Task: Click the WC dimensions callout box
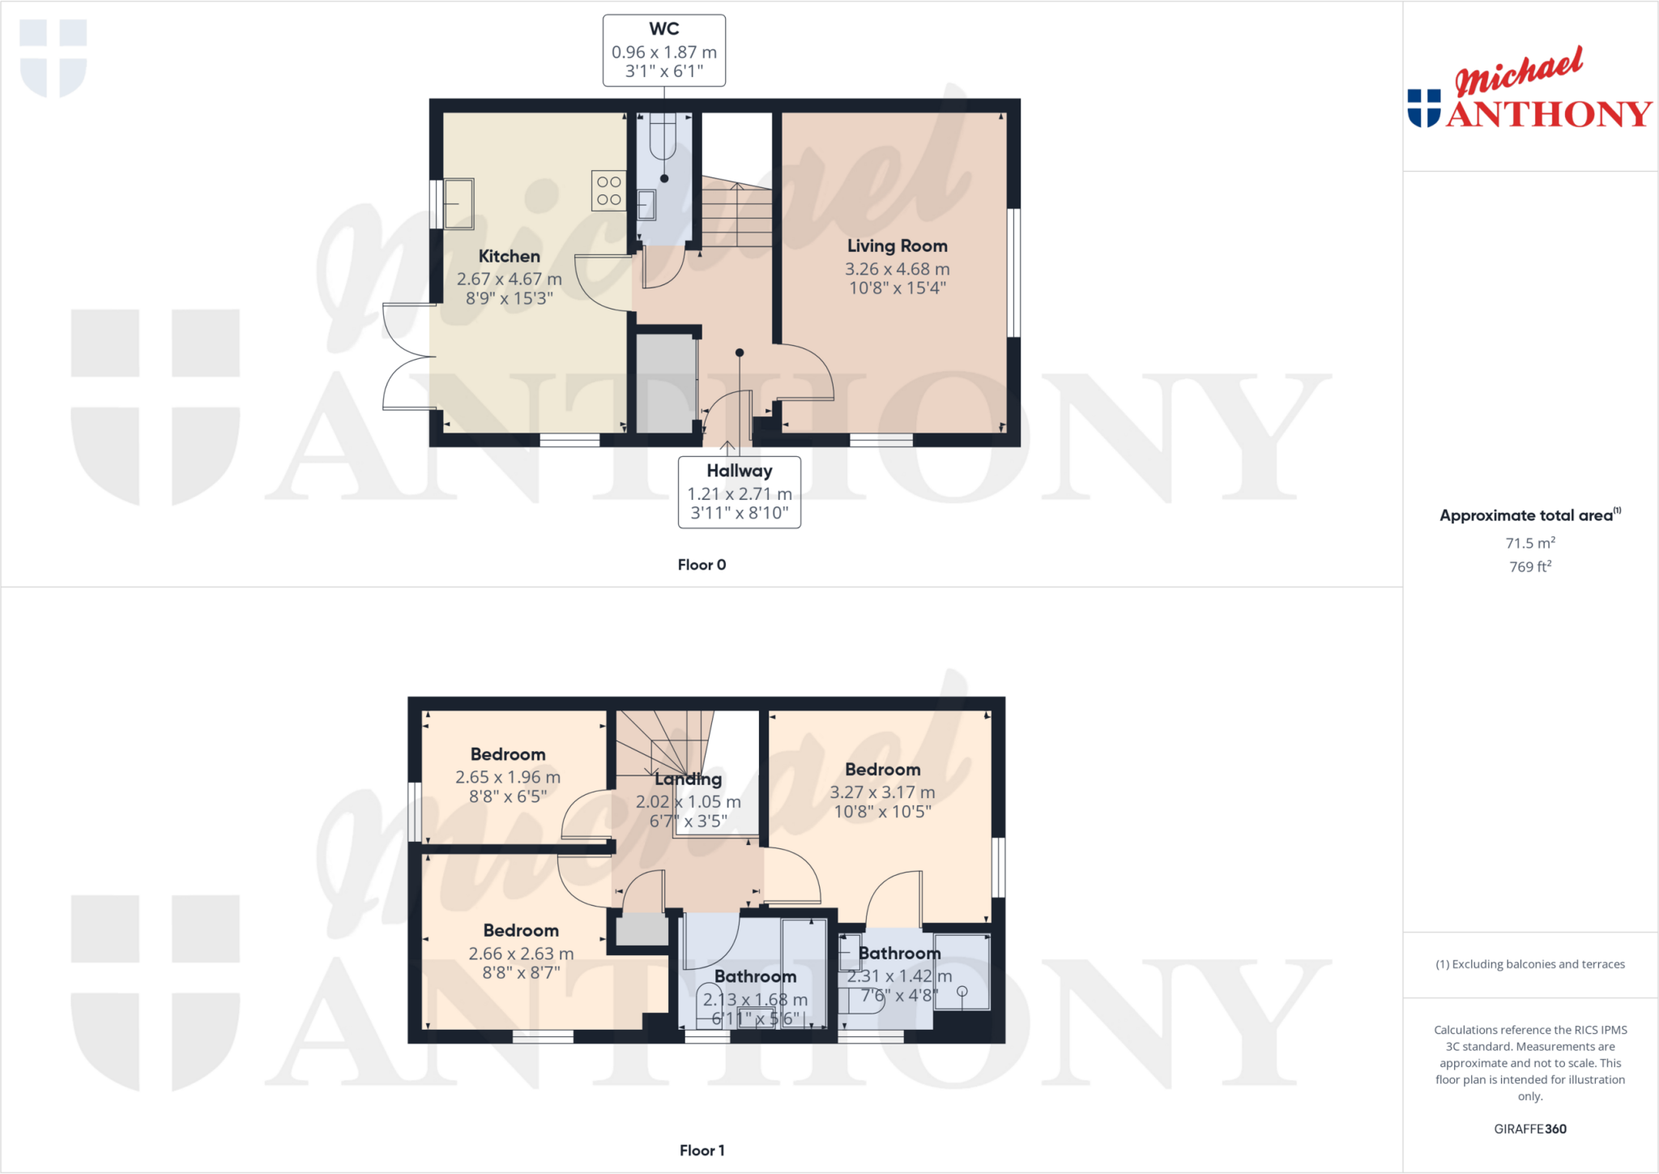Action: [663, 50]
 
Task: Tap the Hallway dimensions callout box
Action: [739, 492]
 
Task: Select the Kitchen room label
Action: [509, 257]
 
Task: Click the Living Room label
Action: [897, 246]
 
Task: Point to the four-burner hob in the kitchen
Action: [608, 190]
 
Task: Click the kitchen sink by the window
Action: [458, 203]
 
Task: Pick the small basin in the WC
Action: [646, 204]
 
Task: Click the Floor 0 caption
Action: [702, 565]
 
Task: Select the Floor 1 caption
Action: [702, 1151]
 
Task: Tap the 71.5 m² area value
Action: [1530, 543]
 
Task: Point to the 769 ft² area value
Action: [1530, 566]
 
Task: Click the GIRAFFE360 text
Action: [1530, 1129]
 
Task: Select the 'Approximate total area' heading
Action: [1529, 515]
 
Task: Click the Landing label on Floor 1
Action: [689, 779]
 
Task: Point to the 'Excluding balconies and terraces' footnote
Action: [1530, 964]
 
